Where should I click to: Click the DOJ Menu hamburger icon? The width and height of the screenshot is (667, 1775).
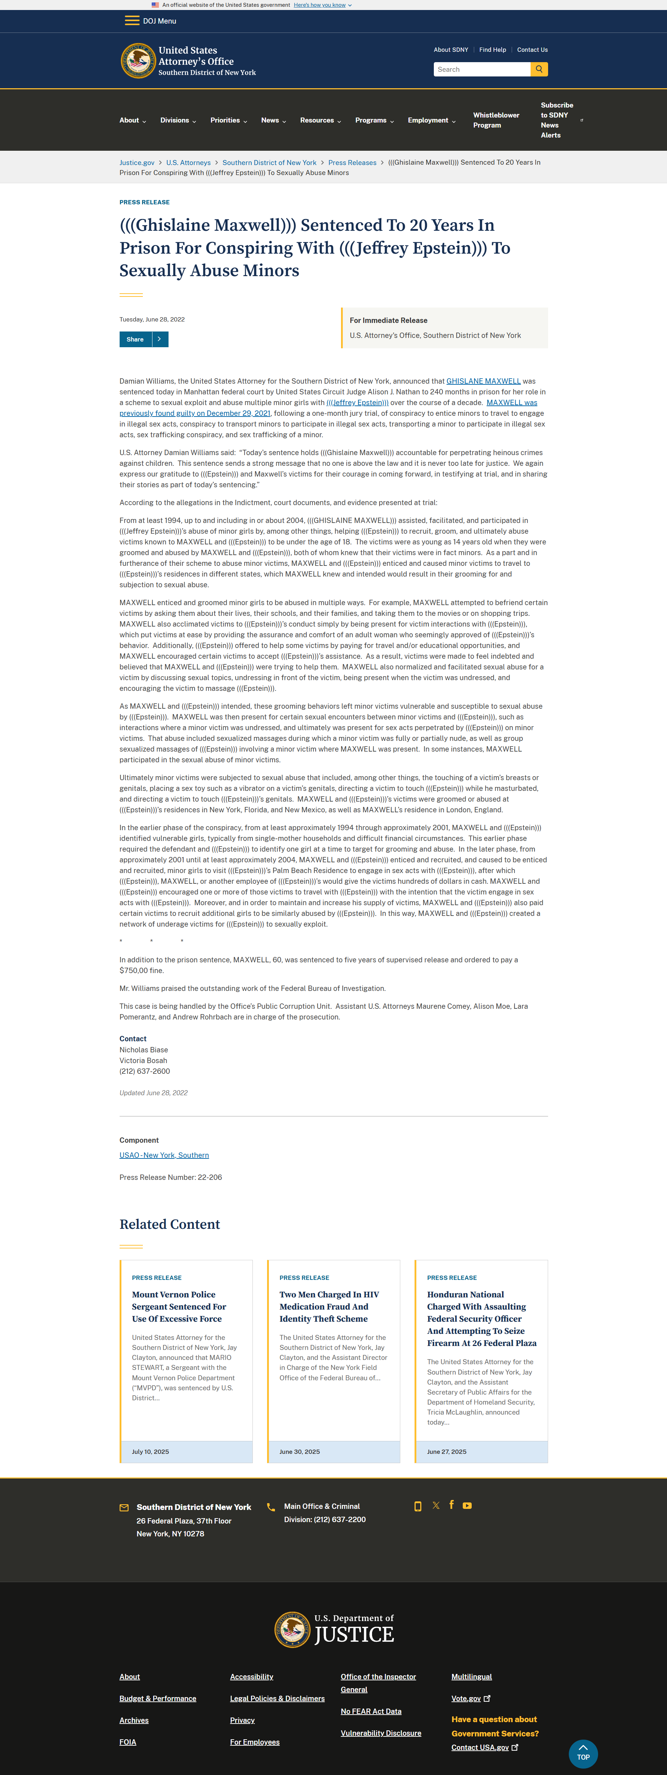pyautogui.click(x=132, y=21)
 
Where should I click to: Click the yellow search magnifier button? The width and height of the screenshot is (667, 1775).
pyautogui.click(x=539, y=69)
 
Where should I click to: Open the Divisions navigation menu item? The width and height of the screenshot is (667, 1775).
pyautogui.click(x=178, y=121)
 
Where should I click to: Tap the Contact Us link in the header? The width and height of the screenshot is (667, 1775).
pyautogui.click(x=532, y=50)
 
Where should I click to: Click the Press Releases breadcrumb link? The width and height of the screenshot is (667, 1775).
pyautogui.click(x=352, y=163)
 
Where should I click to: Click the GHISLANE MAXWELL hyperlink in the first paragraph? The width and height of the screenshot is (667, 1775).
pyautogui.click(x=483, y=381)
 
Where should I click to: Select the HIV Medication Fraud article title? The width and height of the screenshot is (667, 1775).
pyautogui.click(x=329, y=1306)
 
